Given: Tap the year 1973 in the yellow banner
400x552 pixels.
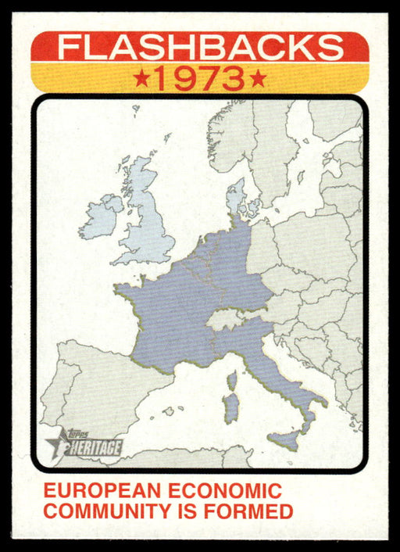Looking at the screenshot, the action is point(200,79).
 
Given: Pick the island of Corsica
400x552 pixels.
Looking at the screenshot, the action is point(232,381).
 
